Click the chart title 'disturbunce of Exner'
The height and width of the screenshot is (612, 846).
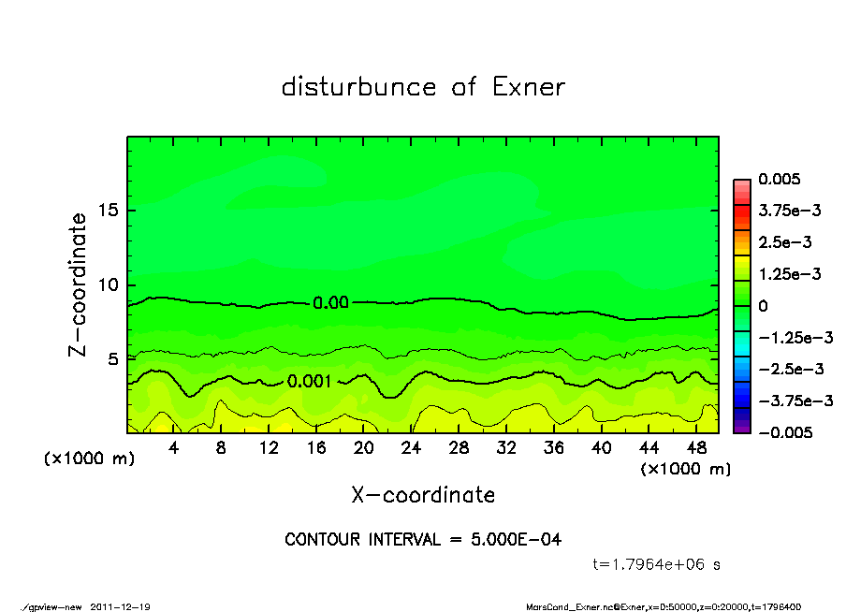[423, 88]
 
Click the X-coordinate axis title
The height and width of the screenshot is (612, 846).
[423, 495]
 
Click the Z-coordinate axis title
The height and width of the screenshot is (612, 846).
[79, 284]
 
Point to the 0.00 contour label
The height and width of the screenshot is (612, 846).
[331, 303]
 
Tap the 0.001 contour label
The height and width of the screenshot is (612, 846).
[309, 381]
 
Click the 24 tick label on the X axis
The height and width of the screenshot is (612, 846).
[411, 447]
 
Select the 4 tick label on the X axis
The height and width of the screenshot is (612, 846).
[173, 447]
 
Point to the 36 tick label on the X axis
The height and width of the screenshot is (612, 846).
[553, 447]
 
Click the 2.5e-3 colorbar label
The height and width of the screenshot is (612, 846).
[784, 242]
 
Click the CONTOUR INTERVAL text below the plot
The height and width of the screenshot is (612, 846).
[423, 540]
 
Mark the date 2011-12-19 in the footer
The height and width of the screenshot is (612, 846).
[121, 607]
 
